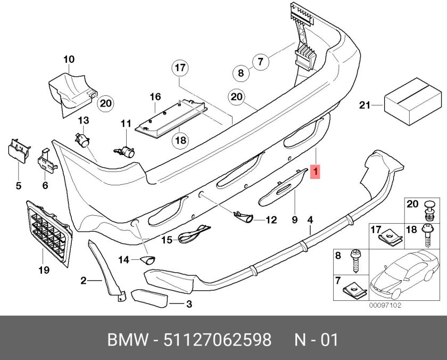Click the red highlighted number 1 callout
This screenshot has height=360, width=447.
click(x=315, y=172)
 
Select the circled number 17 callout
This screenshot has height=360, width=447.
click(x=180, y=68)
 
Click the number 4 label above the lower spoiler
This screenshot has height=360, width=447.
click(x=310, y=219)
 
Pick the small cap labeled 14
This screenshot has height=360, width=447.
click(x=147, y=260)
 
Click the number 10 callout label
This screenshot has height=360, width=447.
click(x=69, y=59)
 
